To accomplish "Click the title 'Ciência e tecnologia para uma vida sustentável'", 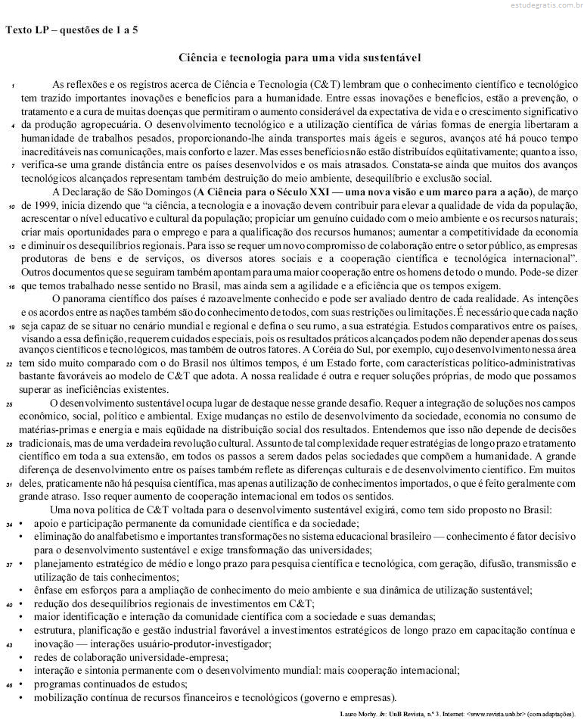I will [x=299, y=58].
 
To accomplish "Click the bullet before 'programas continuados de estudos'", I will [x=23, y=684].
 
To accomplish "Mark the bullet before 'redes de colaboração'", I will [x=23, y=657].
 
